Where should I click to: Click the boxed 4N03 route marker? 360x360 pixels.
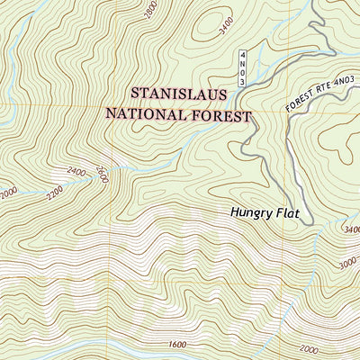tap(243, 68)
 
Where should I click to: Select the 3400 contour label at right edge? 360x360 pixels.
tap(351, 229)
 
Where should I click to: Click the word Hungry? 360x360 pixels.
tap(252, 213)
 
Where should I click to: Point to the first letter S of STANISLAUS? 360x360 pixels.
tap(136, 94)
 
